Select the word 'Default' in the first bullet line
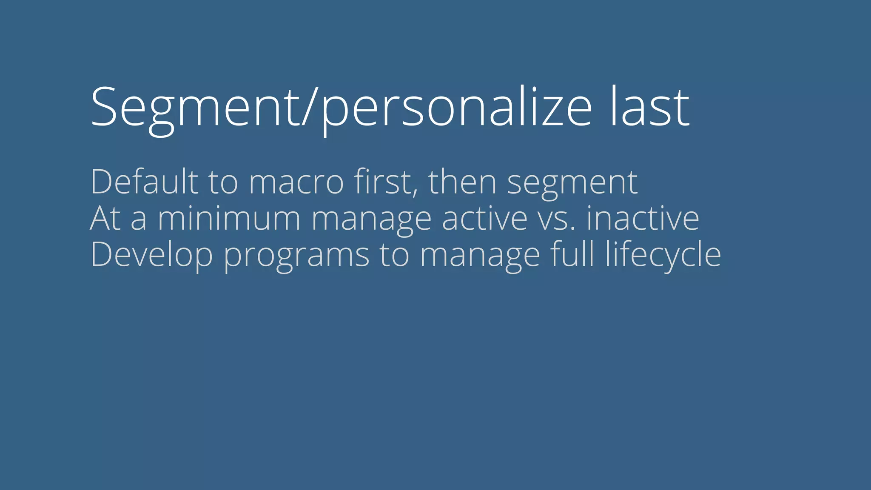(144, 182)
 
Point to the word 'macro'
(296, 183)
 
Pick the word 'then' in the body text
(462, 182)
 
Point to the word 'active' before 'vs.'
(485, 219)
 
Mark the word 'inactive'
(643, 219)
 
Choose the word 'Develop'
(151, 255)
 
